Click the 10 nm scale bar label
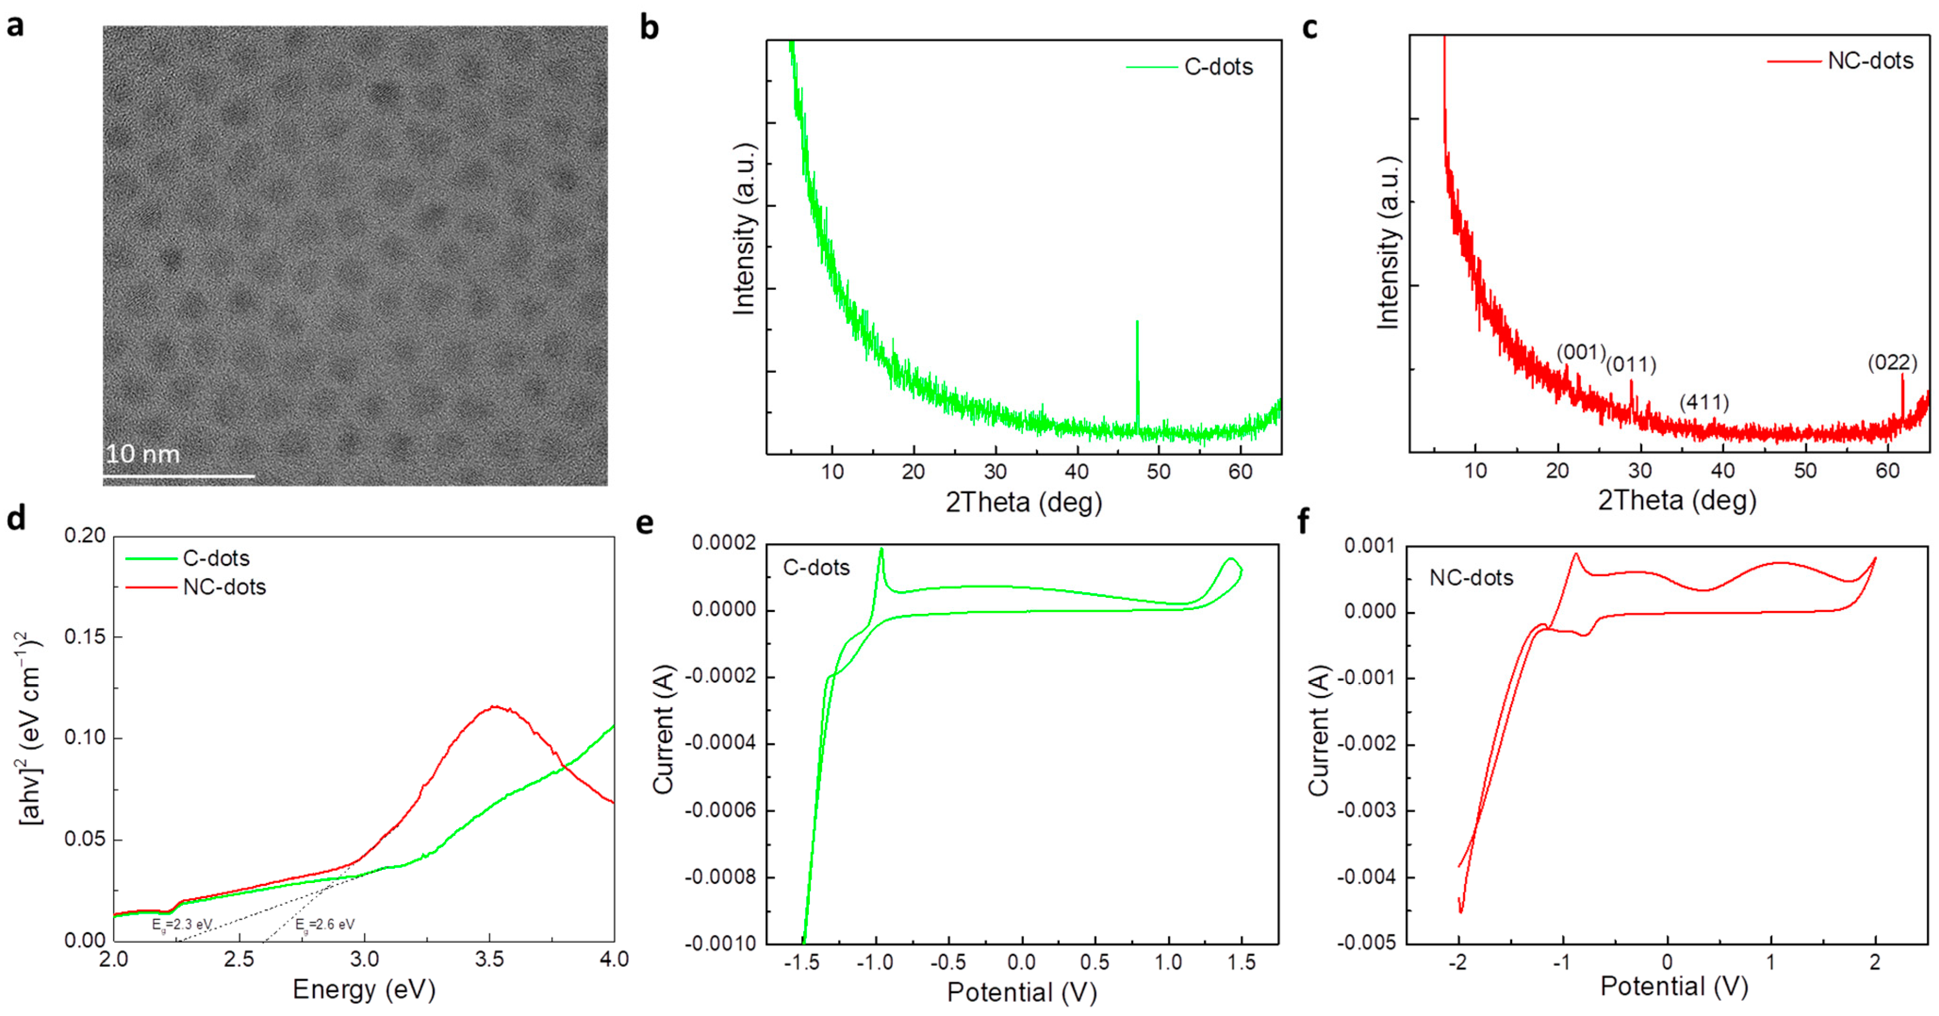pyautogui.click(x=143, y=454)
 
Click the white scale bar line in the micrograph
pyautogui.click(x=179, y=476)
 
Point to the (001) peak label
pyautogui.click(x=1581, y=352)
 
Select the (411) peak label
pyautogui.click(x=1704, y=403)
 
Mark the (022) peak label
pyautogui.click(x=1892, y=363)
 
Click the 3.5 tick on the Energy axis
pyautogui.click(x=490, y=959)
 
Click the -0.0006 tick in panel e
pyautogui.click(x=715, y=810)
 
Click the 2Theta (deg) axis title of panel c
pyautogui.click(x=1677, y=500)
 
